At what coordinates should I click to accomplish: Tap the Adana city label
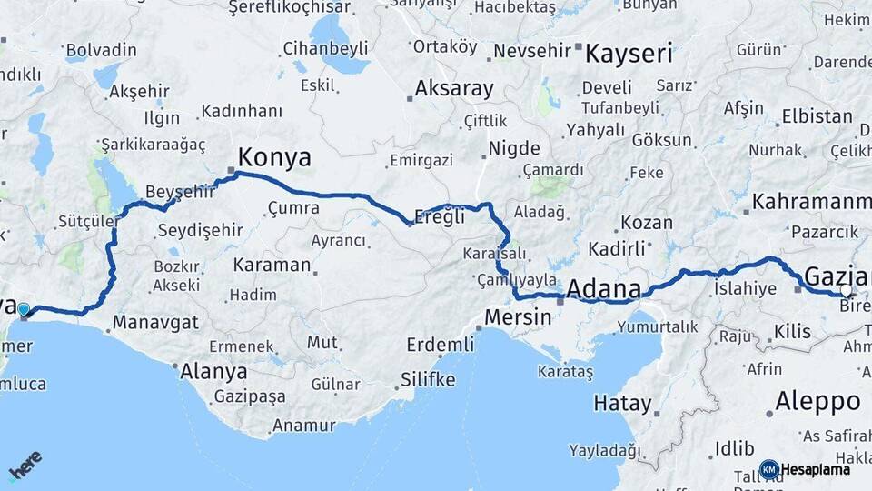coord(603,290)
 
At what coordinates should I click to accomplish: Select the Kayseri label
coord(629,54)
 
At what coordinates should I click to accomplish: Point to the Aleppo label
coord(817,401)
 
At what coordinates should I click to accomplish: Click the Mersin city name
coord(518,317)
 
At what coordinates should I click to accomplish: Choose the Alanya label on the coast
coord(213,371)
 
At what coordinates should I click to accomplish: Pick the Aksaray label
coord(454,89)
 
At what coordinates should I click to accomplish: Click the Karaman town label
coord(272,266)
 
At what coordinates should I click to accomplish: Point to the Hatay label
coord(622,403)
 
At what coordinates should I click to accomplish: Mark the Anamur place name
coord(303,425)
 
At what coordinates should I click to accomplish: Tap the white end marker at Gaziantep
coord(847,291)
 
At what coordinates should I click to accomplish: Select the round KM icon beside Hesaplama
coord(768,469)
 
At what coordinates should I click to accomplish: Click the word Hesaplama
coord(816,469)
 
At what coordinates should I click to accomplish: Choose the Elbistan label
coord(821,117)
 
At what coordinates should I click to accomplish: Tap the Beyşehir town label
coord(181,192)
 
